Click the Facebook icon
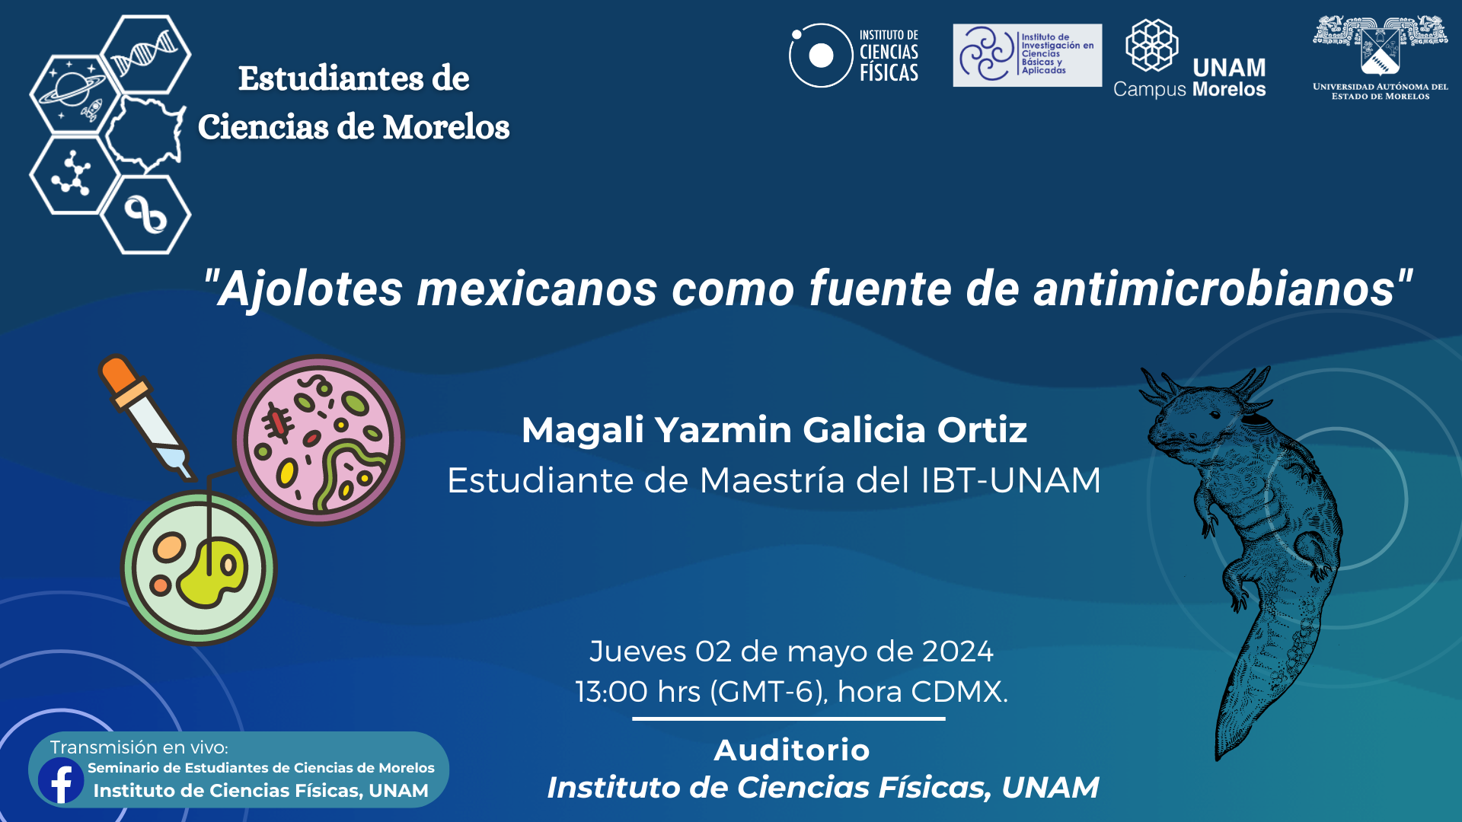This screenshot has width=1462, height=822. click(61, 780)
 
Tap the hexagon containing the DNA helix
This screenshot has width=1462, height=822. click(145, 55)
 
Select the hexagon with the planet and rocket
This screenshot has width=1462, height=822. click(74, 94)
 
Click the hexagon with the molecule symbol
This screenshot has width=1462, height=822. click(74, 174)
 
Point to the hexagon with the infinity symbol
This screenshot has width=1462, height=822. click(145, 215)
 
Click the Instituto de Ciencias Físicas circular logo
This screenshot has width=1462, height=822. click(821, 55)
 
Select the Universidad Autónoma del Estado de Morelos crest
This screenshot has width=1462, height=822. click(1380, 57)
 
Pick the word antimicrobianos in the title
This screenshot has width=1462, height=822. click(1214, 289)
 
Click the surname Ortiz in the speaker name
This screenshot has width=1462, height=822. click(982, 430)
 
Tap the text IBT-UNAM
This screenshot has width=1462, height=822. click(1010, 480)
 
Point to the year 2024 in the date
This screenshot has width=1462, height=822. click(957, 652)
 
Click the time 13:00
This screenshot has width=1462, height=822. click(611, 692)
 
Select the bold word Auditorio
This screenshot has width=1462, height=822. click(792, 750)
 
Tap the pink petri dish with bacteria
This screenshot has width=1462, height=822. click(319, 440)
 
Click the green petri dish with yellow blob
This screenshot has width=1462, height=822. click(199, 568)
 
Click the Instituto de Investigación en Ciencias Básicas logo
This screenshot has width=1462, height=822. click(1027, 55)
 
